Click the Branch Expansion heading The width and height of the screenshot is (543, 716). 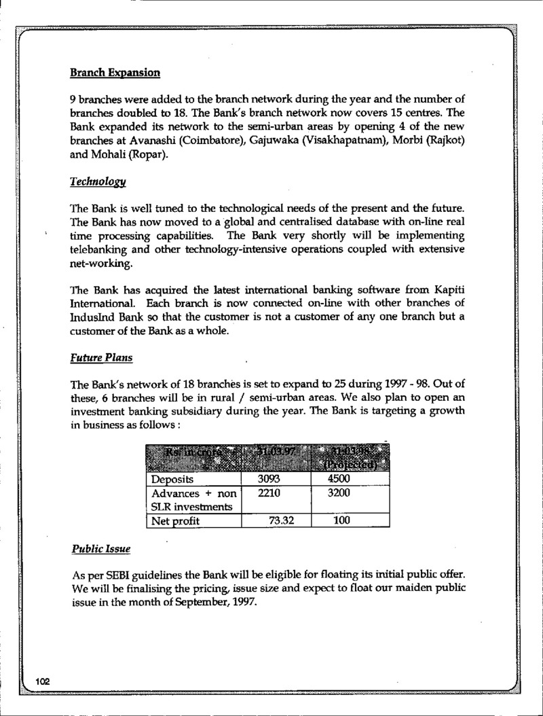[x=115, y=72]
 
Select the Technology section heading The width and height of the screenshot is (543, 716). [x=97, y=182]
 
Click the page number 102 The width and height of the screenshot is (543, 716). [x=44, y=681]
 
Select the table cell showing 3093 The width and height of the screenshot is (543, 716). [x=270, y=478]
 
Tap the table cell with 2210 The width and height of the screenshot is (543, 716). [x=270, y=493]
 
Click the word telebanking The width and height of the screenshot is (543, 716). [x=99, y=249]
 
